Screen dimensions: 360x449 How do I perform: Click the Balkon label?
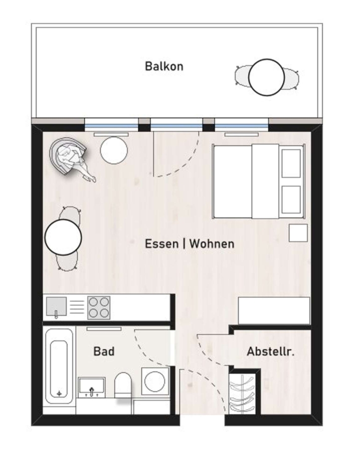click(164, 66)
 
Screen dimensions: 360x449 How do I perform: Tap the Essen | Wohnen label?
click(190, 243)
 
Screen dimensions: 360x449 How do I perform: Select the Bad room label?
click(104, 351)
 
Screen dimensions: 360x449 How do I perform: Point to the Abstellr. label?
click(270, 351)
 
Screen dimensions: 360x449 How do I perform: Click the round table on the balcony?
click(266, 77)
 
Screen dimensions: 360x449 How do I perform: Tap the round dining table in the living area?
click(63, 237)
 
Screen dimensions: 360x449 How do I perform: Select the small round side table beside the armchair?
click(114, 150)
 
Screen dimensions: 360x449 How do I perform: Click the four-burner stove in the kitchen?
click(99, 308)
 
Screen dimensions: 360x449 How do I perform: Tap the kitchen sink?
click(56, 307)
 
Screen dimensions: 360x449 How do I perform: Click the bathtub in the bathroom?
click(59, 366)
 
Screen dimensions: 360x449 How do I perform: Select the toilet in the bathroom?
click(123, 385)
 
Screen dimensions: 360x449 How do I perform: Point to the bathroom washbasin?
click(92, 388)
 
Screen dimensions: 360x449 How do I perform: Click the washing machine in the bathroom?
click(155, 382)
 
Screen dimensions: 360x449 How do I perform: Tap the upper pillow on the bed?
click(291, 164)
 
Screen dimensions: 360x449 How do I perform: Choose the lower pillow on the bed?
click(291, 200)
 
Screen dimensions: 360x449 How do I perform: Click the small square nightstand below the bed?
click(298, 233)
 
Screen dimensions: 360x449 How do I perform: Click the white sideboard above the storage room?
click(274, 311)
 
